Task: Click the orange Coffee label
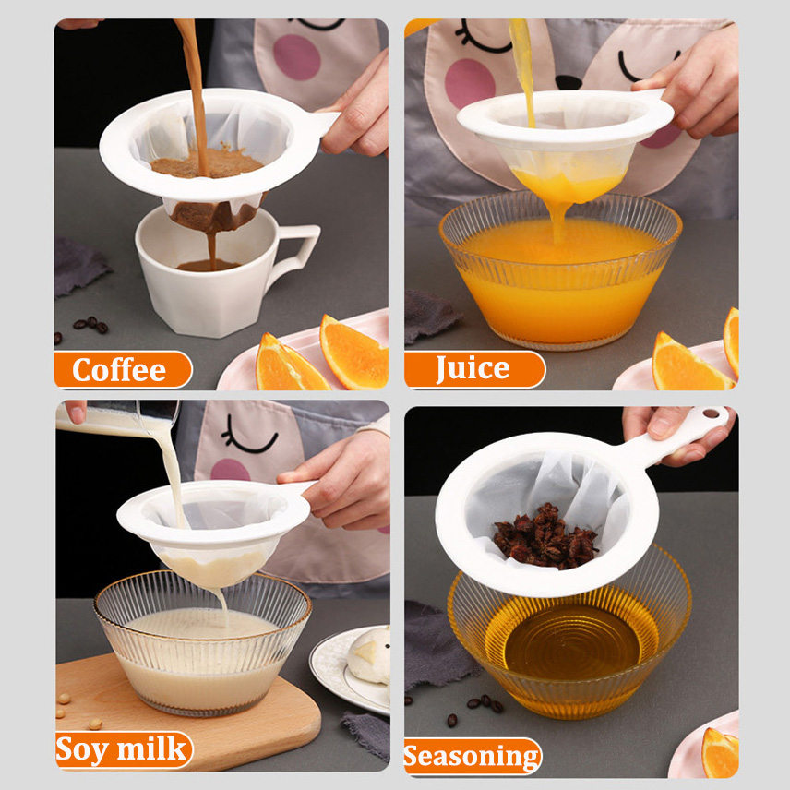122,369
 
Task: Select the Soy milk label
124,749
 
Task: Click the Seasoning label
473,756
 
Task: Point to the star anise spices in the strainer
545,536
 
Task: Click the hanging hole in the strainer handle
712,414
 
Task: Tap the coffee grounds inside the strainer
207,163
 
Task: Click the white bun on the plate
369,655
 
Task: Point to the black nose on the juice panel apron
569,81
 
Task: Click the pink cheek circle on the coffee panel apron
297,57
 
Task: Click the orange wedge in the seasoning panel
721,752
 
